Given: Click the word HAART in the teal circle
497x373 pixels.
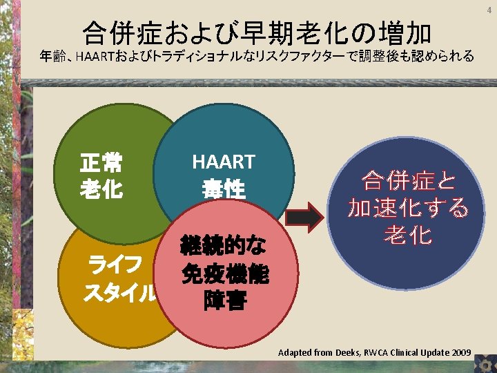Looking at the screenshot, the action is tap(224, 162).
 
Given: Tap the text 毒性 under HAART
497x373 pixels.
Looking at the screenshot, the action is tap(224, 189).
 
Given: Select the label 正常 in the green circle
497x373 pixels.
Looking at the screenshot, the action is tap(101, 164).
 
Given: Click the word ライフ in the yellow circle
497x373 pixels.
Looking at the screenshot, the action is tap(113, 265).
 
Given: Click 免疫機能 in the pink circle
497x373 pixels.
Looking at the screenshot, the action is tap(225, 274).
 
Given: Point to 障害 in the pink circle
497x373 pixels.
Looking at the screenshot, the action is tap(225, 302).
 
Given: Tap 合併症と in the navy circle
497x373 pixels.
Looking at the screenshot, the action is tap(409, 182).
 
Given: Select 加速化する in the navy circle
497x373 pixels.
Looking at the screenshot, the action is tap(409, 208).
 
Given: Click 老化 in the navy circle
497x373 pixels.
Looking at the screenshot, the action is tap(409, 236).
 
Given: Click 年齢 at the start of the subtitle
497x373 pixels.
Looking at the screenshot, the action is tap(53, 57).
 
